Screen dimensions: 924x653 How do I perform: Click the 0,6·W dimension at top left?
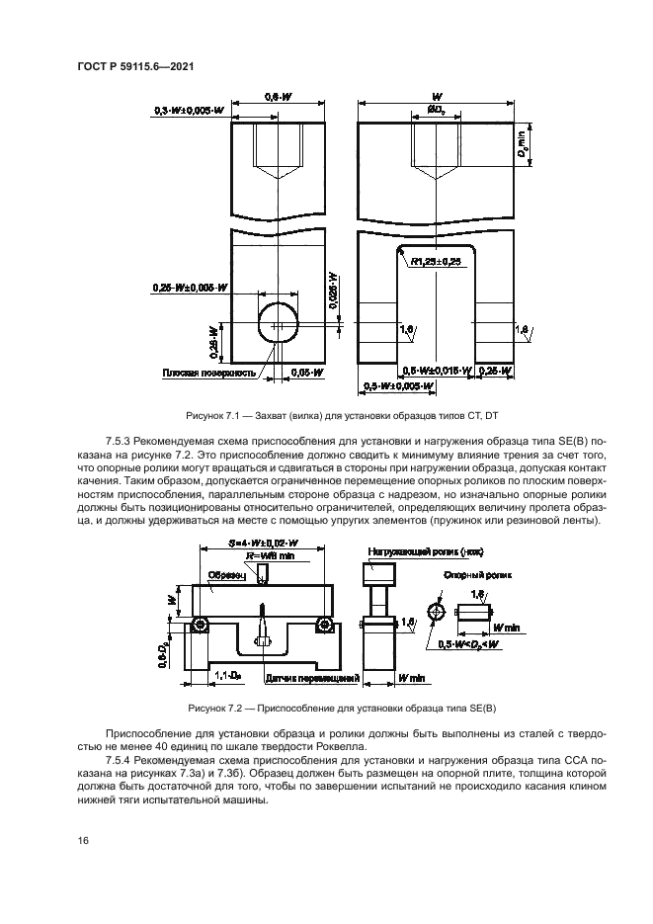pyautogui.click(x=279, y=97)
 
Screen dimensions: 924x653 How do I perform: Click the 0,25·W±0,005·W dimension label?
pyautogui.click(x=191, y=288)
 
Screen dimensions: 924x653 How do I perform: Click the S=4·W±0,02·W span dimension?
pyautogui.click(x=261, y=543)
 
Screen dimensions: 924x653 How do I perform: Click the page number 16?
pyautogui.click(x=83, y=841)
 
